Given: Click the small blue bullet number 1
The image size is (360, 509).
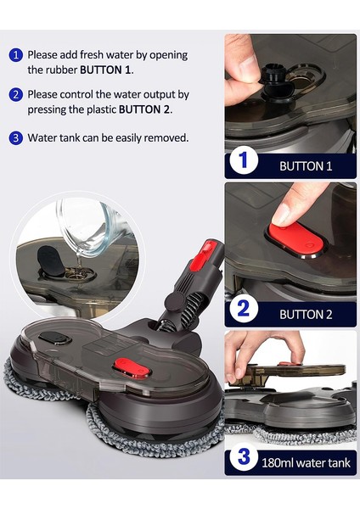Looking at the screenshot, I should tap(15, 55).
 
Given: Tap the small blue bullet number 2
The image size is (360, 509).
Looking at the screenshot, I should tap(15, 95).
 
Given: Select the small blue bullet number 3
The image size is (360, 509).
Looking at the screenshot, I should tap(15, 137).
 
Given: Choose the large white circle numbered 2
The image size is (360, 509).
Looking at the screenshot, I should tap(244, 308).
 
